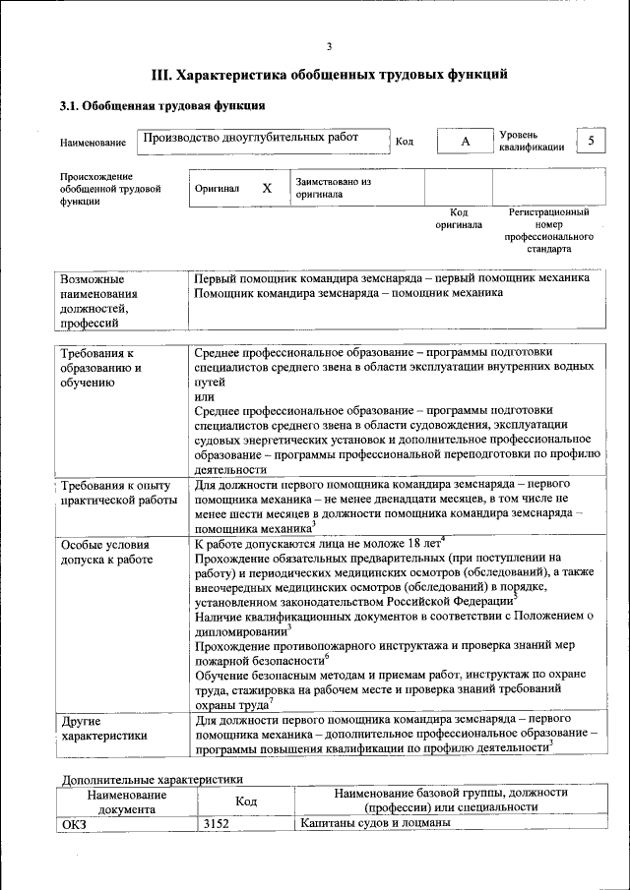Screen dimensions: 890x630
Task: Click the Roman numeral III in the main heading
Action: click(x=161, y=74)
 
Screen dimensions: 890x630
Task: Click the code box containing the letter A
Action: click(x=466, y=142)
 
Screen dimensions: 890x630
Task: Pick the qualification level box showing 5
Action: click(x=591, y=141)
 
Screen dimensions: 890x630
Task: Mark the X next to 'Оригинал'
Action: click(x=267, y=188)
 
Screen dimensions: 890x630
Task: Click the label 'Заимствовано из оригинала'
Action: click(x=333, y=188)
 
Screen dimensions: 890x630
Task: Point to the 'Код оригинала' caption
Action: click(x=459, y=218)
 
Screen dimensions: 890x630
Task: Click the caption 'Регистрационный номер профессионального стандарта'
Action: click(x=548, y=231)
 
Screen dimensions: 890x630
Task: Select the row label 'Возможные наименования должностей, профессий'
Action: click(x=98, y=300)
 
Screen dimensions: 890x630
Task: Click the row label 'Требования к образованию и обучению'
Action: click(x=100, y=368)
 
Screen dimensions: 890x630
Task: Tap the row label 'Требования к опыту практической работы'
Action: click(x=115, y=493)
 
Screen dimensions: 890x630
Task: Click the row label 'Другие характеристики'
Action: click(x=103, y=727)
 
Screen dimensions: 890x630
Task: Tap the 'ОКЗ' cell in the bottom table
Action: click(x=74, y=824)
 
